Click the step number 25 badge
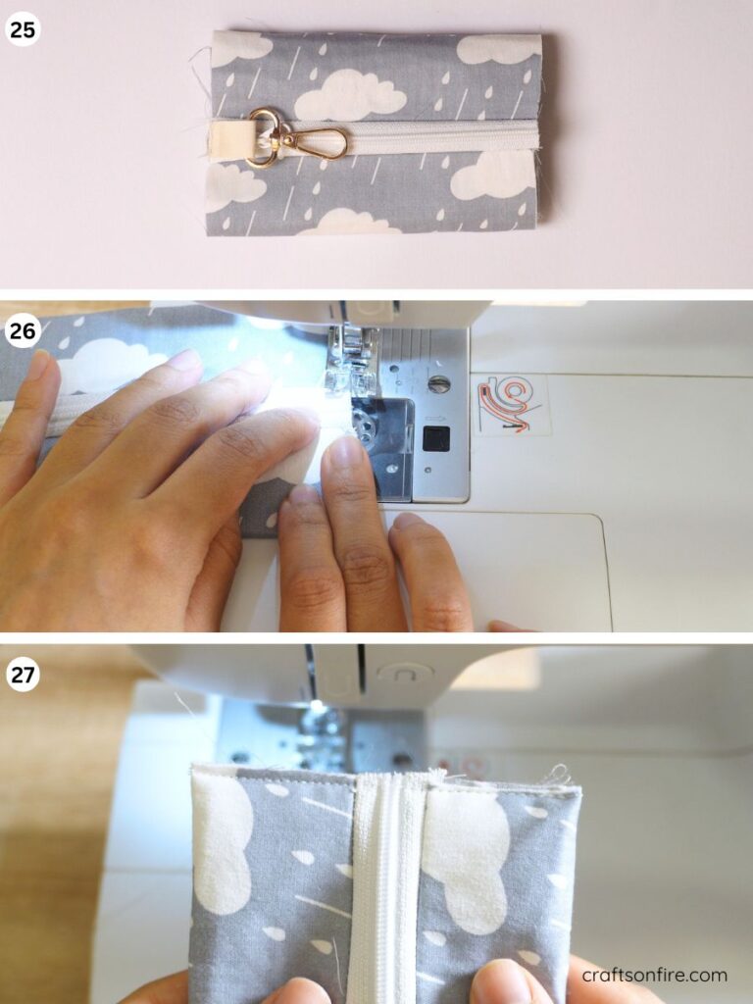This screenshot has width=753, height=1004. point(24,28)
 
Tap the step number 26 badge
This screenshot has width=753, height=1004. point(24,331)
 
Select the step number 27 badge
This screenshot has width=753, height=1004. point(24,675)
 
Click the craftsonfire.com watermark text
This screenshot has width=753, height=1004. point(654,976)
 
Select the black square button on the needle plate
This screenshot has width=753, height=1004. point(436,438)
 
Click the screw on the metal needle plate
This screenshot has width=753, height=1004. point(438,384)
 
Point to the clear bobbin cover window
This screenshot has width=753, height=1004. point(381,448)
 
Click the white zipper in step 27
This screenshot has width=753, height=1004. point(383,883)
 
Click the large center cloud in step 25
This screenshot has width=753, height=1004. point(350,95)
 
